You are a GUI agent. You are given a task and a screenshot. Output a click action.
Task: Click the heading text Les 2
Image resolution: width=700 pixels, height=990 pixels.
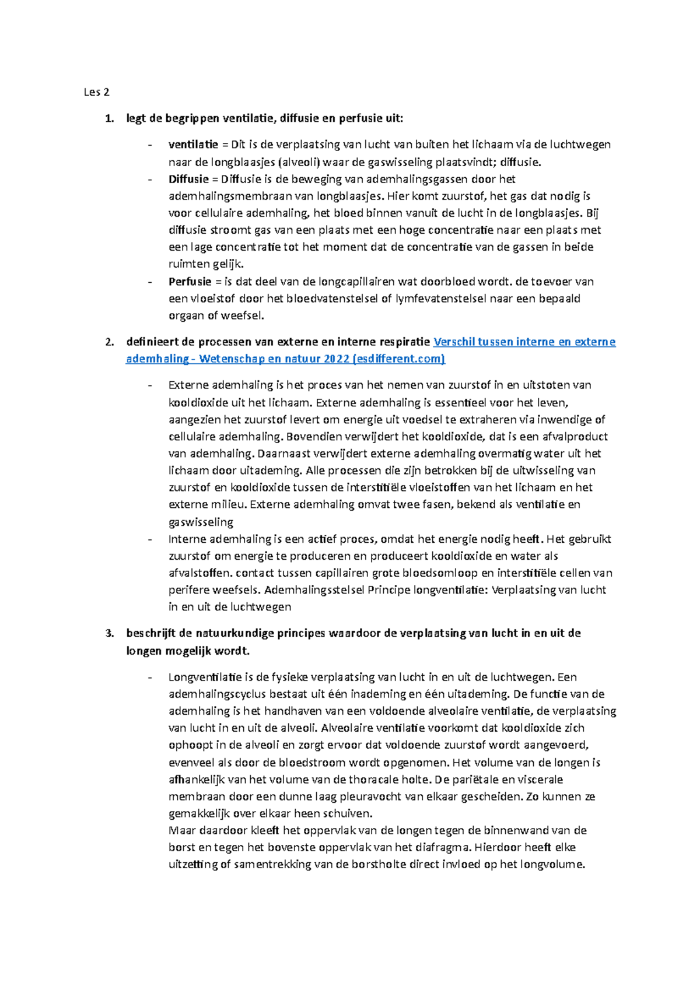(96, 92)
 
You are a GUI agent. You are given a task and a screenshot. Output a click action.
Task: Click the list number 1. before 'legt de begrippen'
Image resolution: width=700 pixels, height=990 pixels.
(109, 119)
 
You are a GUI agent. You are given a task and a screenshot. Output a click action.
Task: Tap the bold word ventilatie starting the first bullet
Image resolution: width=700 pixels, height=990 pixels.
(193, 145)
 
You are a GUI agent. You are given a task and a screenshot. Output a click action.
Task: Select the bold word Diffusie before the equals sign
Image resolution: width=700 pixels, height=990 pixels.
(188, 179)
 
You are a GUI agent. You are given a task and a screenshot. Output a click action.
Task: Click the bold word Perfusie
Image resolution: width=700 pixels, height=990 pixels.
(190, 282)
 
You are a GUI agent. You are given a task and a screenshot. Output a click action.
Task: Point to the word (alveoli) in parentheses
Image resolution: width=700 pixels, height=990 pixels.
(299, 162)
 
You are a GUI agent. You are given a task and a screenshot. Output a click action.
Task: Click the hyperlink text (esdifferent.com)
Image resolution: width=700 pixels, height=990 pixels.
(399, 359)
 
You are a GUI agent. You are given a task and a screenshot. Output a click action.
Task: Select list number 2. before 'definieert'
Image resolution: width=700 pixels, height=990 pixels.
(109, 342)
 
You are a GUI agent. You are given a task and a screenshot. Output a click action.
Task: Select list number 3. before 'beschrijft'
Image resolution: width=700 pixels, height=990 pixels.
(109, 633)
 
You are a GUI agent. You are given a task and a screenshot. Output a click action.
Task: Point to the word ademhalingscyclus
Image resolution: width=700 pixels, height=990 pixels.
(218, 694)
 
